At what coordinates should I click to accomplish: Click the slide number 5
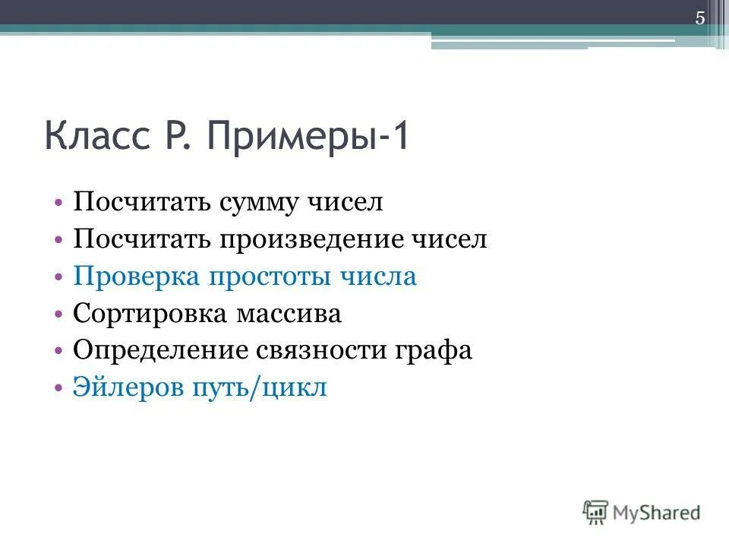(700, 20)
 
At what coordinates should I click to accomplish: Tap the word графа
(434, 351)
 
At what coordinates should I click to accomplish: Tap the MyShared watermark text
(657, 512)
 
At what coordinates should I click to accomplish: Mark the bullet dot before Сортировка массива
(59, 315)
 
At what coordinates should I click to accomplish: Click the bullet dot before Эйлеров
(59, 388)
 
